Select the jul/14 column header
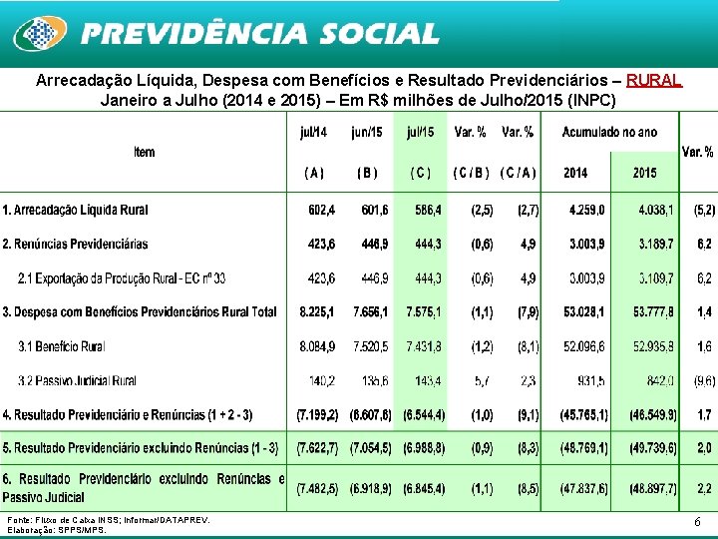tap(313, 132)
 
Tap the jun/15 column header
tap(366, 132)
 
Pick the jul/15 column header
tap(420, 132)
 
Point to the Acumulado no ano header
tap(609, 132)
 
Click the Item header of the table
tap(145, 152)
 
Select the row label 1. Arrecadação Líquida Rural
tap(76, 210)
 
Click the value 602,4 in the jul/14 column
tap(317, 210)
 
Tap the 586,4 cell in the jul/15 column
tap(423, 210)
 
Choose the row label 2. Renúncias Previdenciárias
tap(75, 244)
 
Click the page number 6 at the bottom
tap(696, 522)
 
